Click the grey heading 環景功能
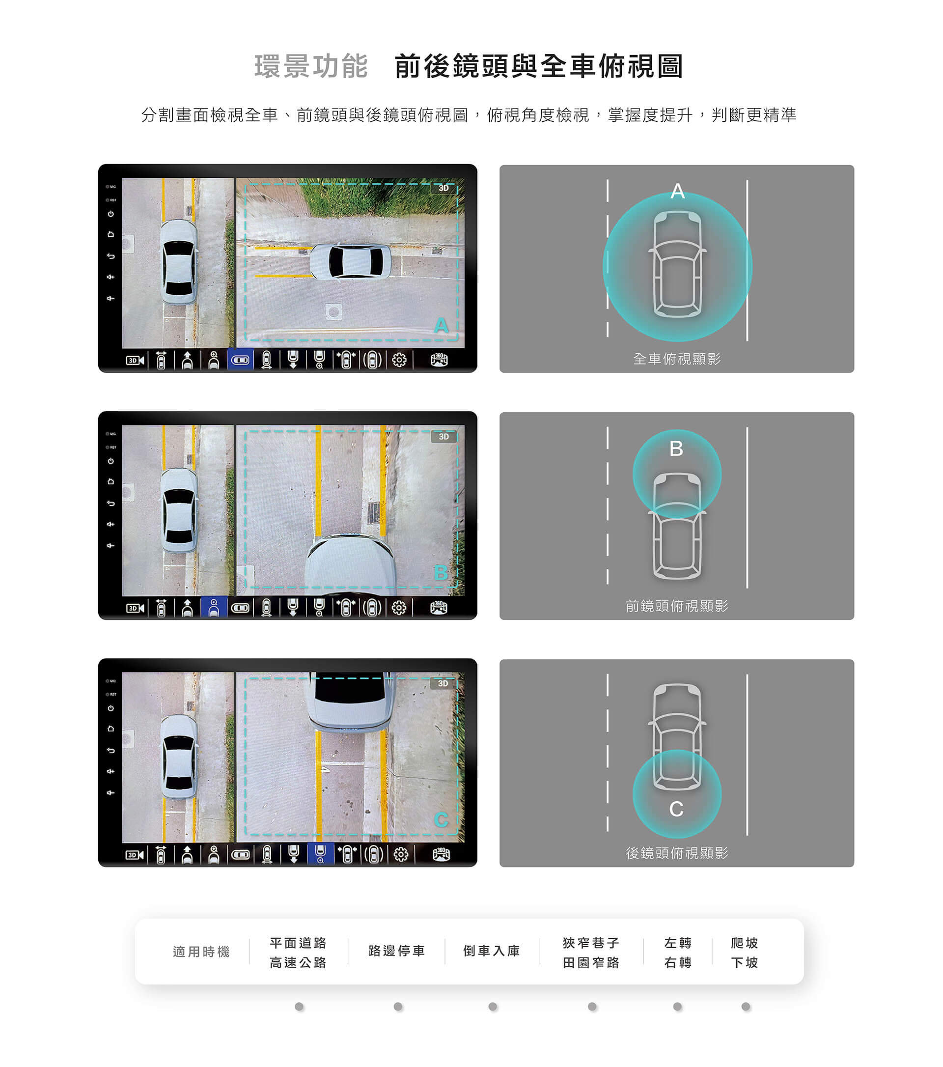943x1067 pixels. (x=311, y=66)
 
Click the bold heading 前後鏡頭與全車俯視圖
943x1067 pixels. (x=539, y=66)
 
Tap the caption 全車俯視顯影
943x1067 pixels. (x=677, y=359)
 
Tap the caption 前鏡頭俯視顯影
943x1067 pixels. (x=677, y=606)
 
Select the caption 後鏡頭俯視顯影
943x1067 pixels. (x=677, y=852)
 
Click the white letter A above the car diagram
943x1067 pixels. (x=677, y=191)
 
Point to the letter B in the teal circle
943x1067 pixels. (x=676, y=449)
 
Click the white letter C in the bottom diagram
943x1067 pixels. (x=676, y=809)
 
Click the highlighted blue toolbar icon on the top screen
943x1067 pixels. (x=240, y=360)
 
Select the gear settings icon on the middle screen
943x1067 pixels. (x=399, y=608)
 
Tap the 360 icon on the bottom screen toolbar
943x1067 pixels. (x=441, y=855)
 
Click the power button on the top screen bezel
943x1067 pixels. (x=111, y=214)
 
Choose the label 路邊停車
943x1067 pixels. (x=397, y=951)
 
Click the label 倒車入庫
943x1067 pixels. (x=492, y=951)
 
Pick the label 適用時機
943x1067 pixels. (x=201, y=952)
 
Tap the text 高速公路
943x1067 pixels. (x=298, y=962)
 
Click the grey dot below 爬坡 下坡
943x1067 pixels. (x=746, y=1007)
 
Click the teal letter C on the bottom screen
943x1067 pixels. (x=441, y=819)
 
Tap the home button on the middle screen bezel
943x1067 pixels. (x=111, y=481)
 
